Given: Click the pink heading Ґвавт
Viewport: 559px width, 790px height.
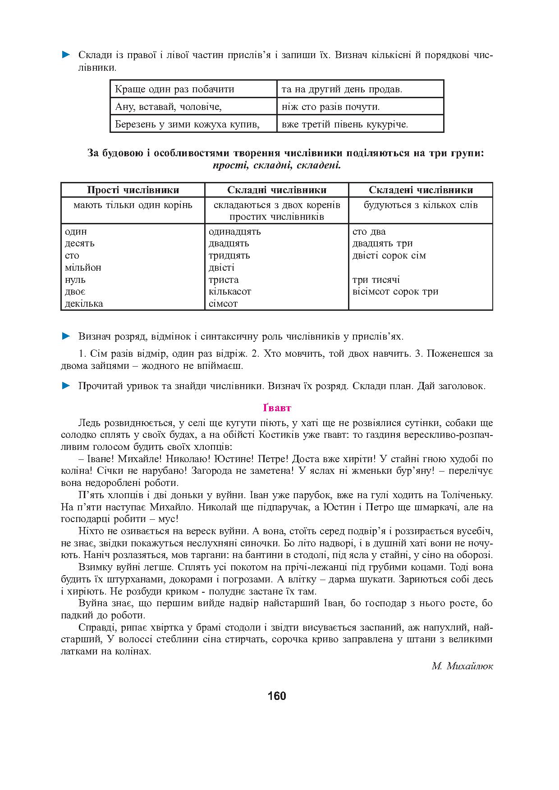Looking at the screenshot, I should [277, 408].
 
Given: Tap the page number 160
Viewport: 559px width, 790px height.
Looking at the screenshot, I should [276, 696].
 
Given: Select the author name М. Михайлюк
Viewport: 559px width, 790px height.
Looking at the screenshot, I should [462, 666].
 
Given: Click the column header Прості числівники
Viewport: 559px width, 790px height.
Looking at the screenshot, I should [133, 190].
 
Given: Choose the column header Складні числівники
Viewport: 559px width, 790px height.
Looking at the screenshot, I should [276, 190].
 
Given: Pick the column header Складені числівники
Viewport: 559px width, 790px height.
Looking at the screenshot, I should [421, 190].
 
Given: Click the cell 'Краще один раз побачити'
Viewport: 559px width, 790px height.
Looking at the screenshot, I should [174, 89].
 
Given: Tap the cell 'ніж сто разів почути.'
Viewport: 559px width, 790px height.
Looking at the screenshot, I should [330, 107].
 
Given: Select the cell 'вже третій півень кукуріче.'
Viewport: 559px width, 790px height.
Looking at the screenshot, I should [344, 124].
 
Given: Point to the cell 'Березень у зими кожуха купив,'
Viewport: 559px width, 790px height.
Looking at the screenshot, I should [188, 124].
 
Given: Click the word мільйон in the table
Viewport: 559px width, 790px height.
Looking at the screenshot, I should [83, 268].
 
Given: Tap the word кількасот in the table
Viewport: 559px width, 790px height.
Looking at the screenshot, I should [229, 291].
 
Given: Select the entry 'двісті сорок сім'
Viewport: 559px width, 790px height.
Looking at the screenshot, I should [389, 255].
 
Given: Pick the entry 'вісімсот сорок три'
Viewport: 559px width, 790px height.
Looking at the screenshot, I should [395, 291].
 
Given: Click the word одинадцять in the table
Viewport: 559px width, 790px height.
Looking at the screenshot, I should [234, 232].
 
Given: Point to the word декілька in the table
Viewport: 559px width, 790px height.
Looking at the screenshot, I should [84, 304].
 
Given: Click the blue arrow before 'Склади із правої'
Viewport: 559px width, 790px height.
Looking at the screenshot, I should [66, 55].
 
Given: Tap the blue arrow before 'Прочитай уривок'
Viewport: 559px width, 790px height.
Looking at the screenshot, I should [66, 386].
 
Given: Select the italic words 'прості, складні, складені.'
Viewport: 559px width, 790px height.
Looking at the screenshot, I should [276, 165].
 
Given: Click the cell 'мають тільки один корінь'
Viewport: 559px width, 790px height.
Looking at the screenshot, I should [133, 205].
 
